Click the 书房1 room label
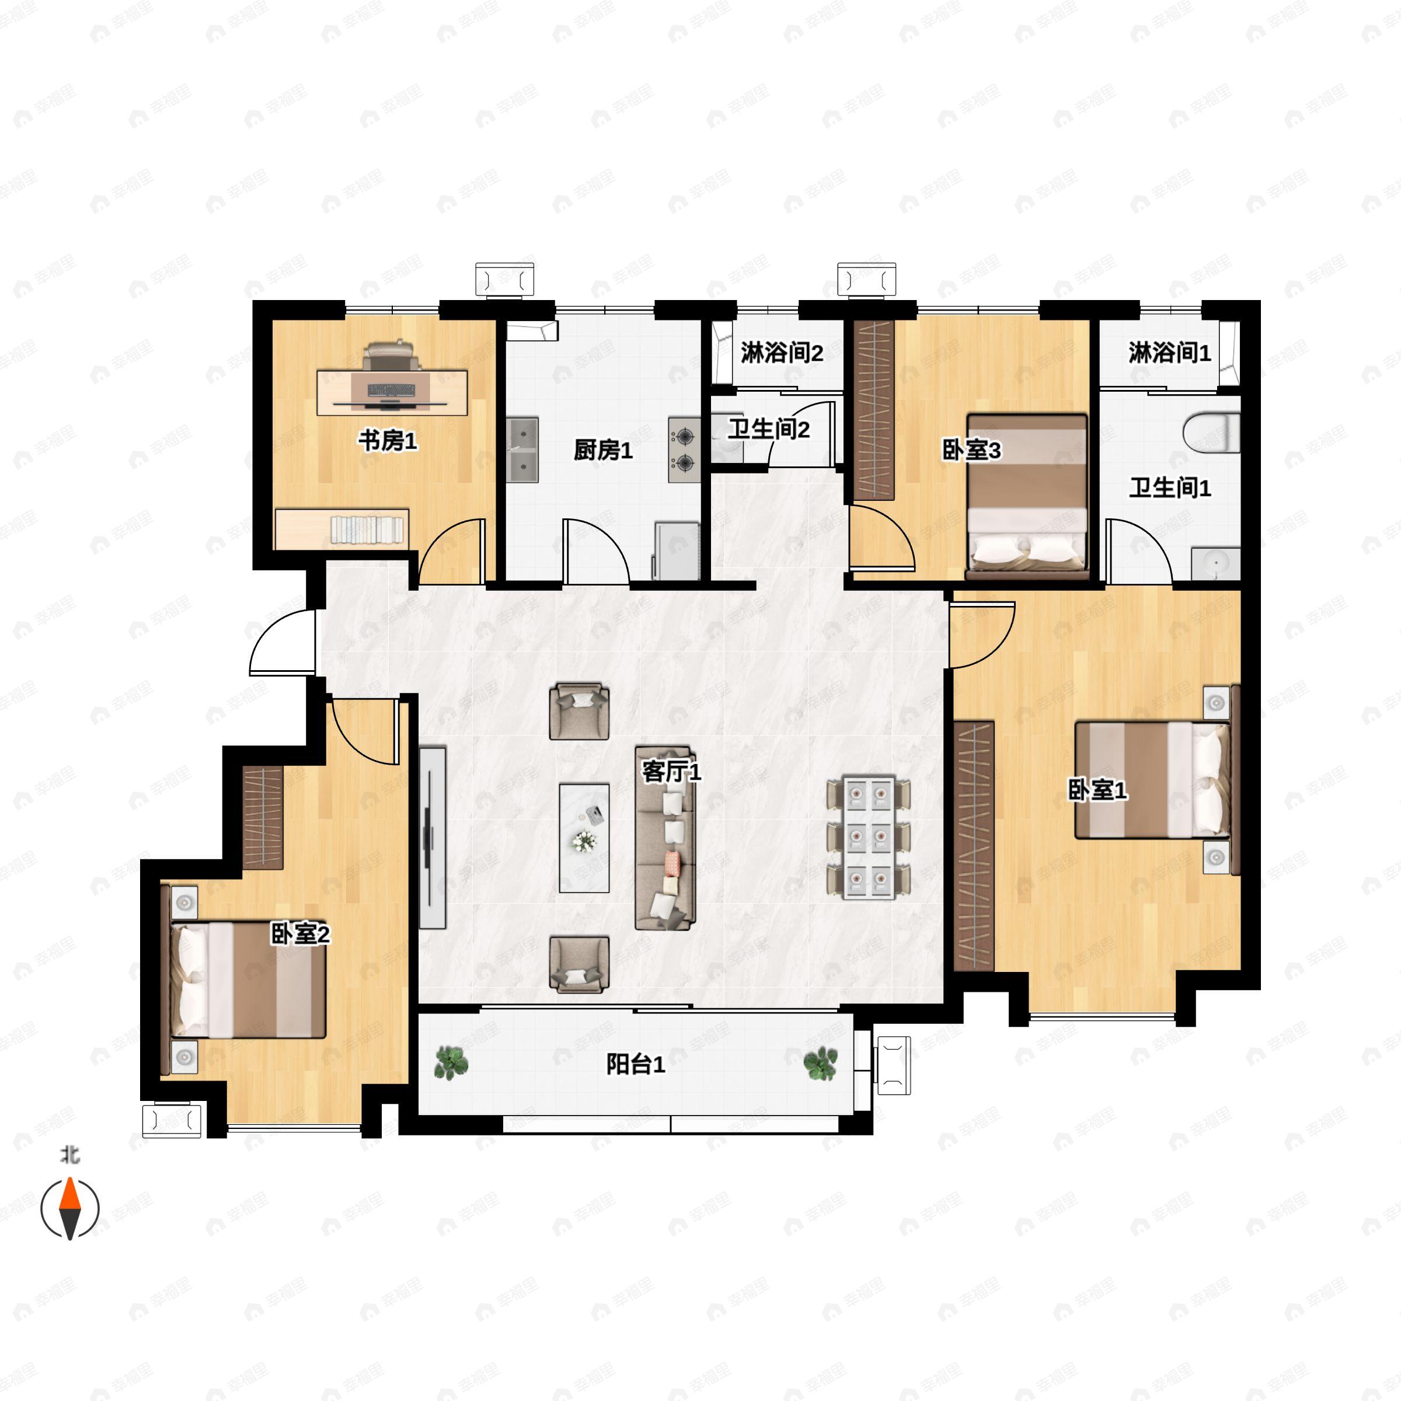click(388, 440)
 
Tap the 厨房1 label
click(602, 450)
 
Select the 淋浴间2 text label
click(782, 353)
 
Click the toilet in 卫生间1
click(1211, 433)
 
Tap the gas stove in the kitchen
click(684, 450)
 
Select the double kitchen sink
click(522, 449)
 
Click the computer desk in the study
click(392, 392)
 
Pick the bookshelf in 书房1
click(342, 529)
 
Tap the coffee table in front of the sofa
click(584, 838)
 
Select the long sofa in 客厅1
click(665, 838)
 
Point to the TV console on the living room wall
click(432, 838)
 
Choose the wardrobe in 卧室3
click(874, 410)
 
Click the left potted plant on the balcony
click(451, 1063)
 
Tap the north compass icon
click(69, 1209)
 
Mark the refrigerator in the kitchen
click(677, 550)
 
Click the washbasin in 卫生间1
click(1215, 563)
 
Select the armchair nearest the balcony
click(578, 964)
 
